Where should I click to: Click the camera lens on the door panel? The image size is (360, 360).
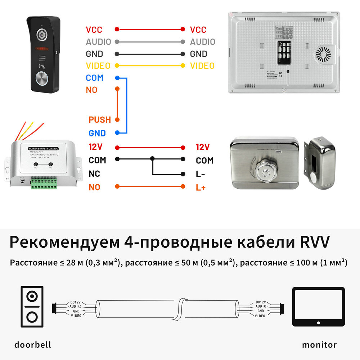(42, 35)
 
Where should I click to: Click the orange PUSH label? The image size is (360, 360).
(100, 120)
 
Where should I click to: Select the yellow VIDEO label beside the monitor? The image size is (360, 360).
(202, 66)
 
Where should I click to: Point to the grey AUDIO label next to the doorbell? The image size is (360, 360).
(98, 42)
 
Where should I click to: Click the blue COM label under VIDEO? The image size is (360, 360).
(94, 78)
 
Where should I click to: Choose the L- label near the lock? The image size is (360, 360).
(201, 174)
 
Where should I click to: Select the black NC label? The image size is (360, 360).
(94, 174)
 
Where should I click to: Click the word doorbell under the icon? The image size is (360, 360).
(33, 345)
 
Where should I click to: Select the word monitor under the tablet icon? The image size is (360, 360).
(319, 345)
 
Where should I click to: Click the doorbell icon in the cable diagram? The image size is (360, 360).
(32, 306)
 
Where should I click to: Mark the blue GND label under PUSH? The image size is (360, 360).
(97, 133)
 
